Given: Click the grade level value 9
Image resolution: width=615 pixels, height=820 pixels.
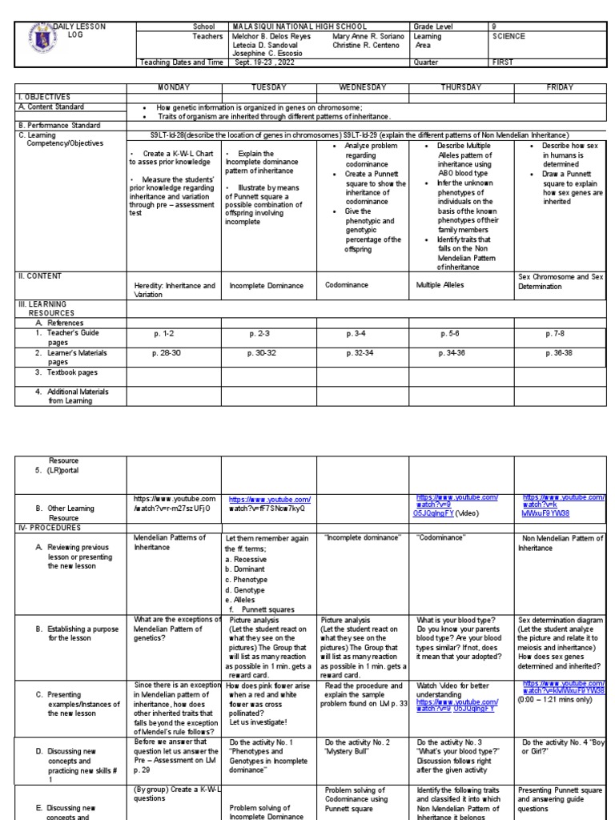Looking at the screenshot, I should [494, 26].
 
